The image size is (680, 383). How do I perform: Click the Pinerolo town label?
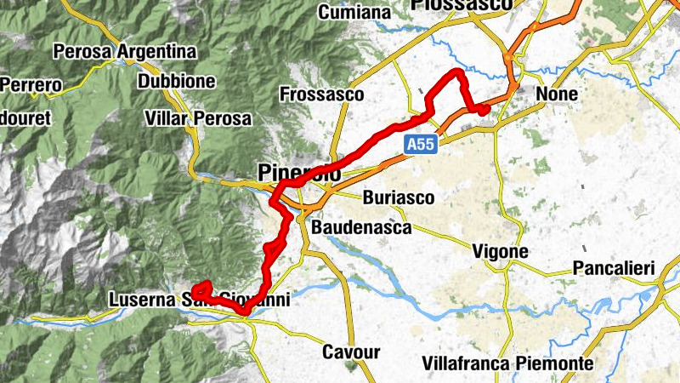(x=298, y=174)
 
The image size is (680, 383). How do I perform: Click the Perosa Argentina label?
(x=124, y=52)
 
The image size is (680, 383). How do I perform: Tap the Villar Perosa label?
(x=198, y=117)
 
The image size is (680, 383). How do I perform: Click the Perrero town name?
(x=31, y=85)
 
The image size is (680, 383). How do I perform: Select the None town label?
(x=557, y=94)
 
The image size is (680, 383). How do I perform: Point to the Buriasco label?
(x=398, y=198)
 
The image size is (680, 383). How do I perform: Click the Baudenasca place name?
(x=362, y=228)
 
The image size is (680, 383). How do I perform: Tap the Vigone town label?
(x=500, y=252)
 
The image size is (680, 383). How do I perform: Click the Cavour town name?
(x=350, y=352)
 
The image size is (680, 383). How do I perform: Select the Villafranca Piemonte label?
(x=507, y=363)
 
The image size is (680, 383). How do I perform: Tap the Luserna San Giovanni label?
(x=200, y=300)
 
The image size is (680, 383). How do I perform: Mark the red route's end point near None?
(x=482, y=110)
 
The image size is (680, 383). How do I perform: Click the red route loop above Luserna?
(x=202, y=287)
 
